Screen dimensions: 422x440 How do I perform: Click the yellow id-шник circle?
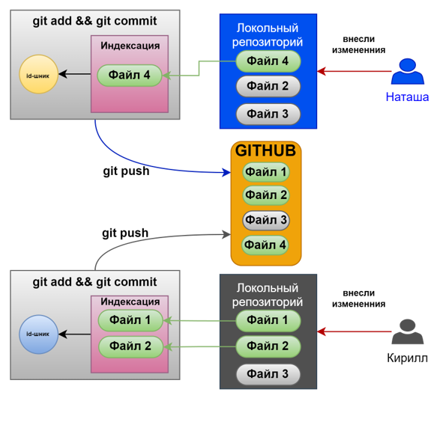point(39,74)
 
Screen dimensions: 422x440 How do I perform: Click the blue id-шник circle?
point(39,334)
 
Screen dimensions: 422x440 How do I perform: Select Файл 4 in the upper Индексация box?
point(130,75)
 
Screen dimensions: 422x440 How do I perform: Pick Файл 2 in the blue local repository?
point(268,87)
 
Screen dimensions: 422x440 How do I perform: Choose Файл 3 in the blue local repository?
point(268,114)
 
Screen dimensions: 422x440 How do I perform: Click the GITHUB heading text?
point(266,151)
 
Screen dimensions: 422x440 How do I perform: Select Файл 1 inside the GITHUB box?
point(266,173)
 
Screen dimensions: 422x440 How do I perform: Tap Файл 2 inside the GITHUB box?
point(266,195)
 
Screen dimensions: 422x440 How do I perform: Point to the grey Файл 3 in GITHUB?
point(266,220)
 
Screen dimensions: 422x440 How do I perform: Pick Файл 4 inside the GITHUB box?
point(266,245)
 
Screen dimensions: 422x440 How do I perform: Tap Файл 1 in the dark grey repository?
point(268,320)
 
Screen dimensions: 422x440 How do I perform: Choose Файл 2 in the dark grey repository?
point(268,346)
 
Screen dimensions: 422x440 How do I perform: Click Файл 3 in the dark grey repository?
point(268,374)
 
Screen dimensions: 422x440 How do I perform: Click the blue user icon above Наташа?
point(408,73)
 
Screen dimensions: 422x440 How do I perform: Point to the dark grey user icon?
point(408,331)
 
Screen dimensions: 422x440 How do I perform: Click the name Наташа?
point(407,97)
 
